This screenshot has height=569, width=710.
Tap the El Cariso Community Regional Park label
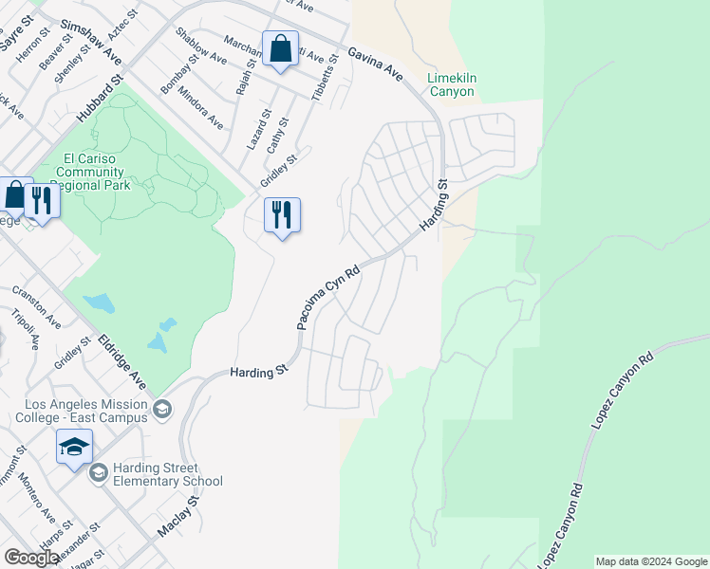click(91, 173)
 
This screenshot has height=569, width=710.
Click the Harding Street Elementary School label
click(168, 474)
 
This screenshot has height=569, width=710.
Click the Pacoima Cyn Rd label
click(327, 297)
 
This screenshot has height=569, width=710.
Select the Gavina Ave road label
click(375, 64)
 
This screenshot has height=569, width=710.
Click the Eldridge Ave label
click(122, 360)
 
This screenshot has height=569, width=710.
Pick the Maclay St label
click(180, 516)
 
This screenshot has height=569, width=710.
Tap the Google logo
click(30, 559)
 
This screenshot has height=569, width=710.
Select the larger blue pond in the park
click(99, 303)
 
